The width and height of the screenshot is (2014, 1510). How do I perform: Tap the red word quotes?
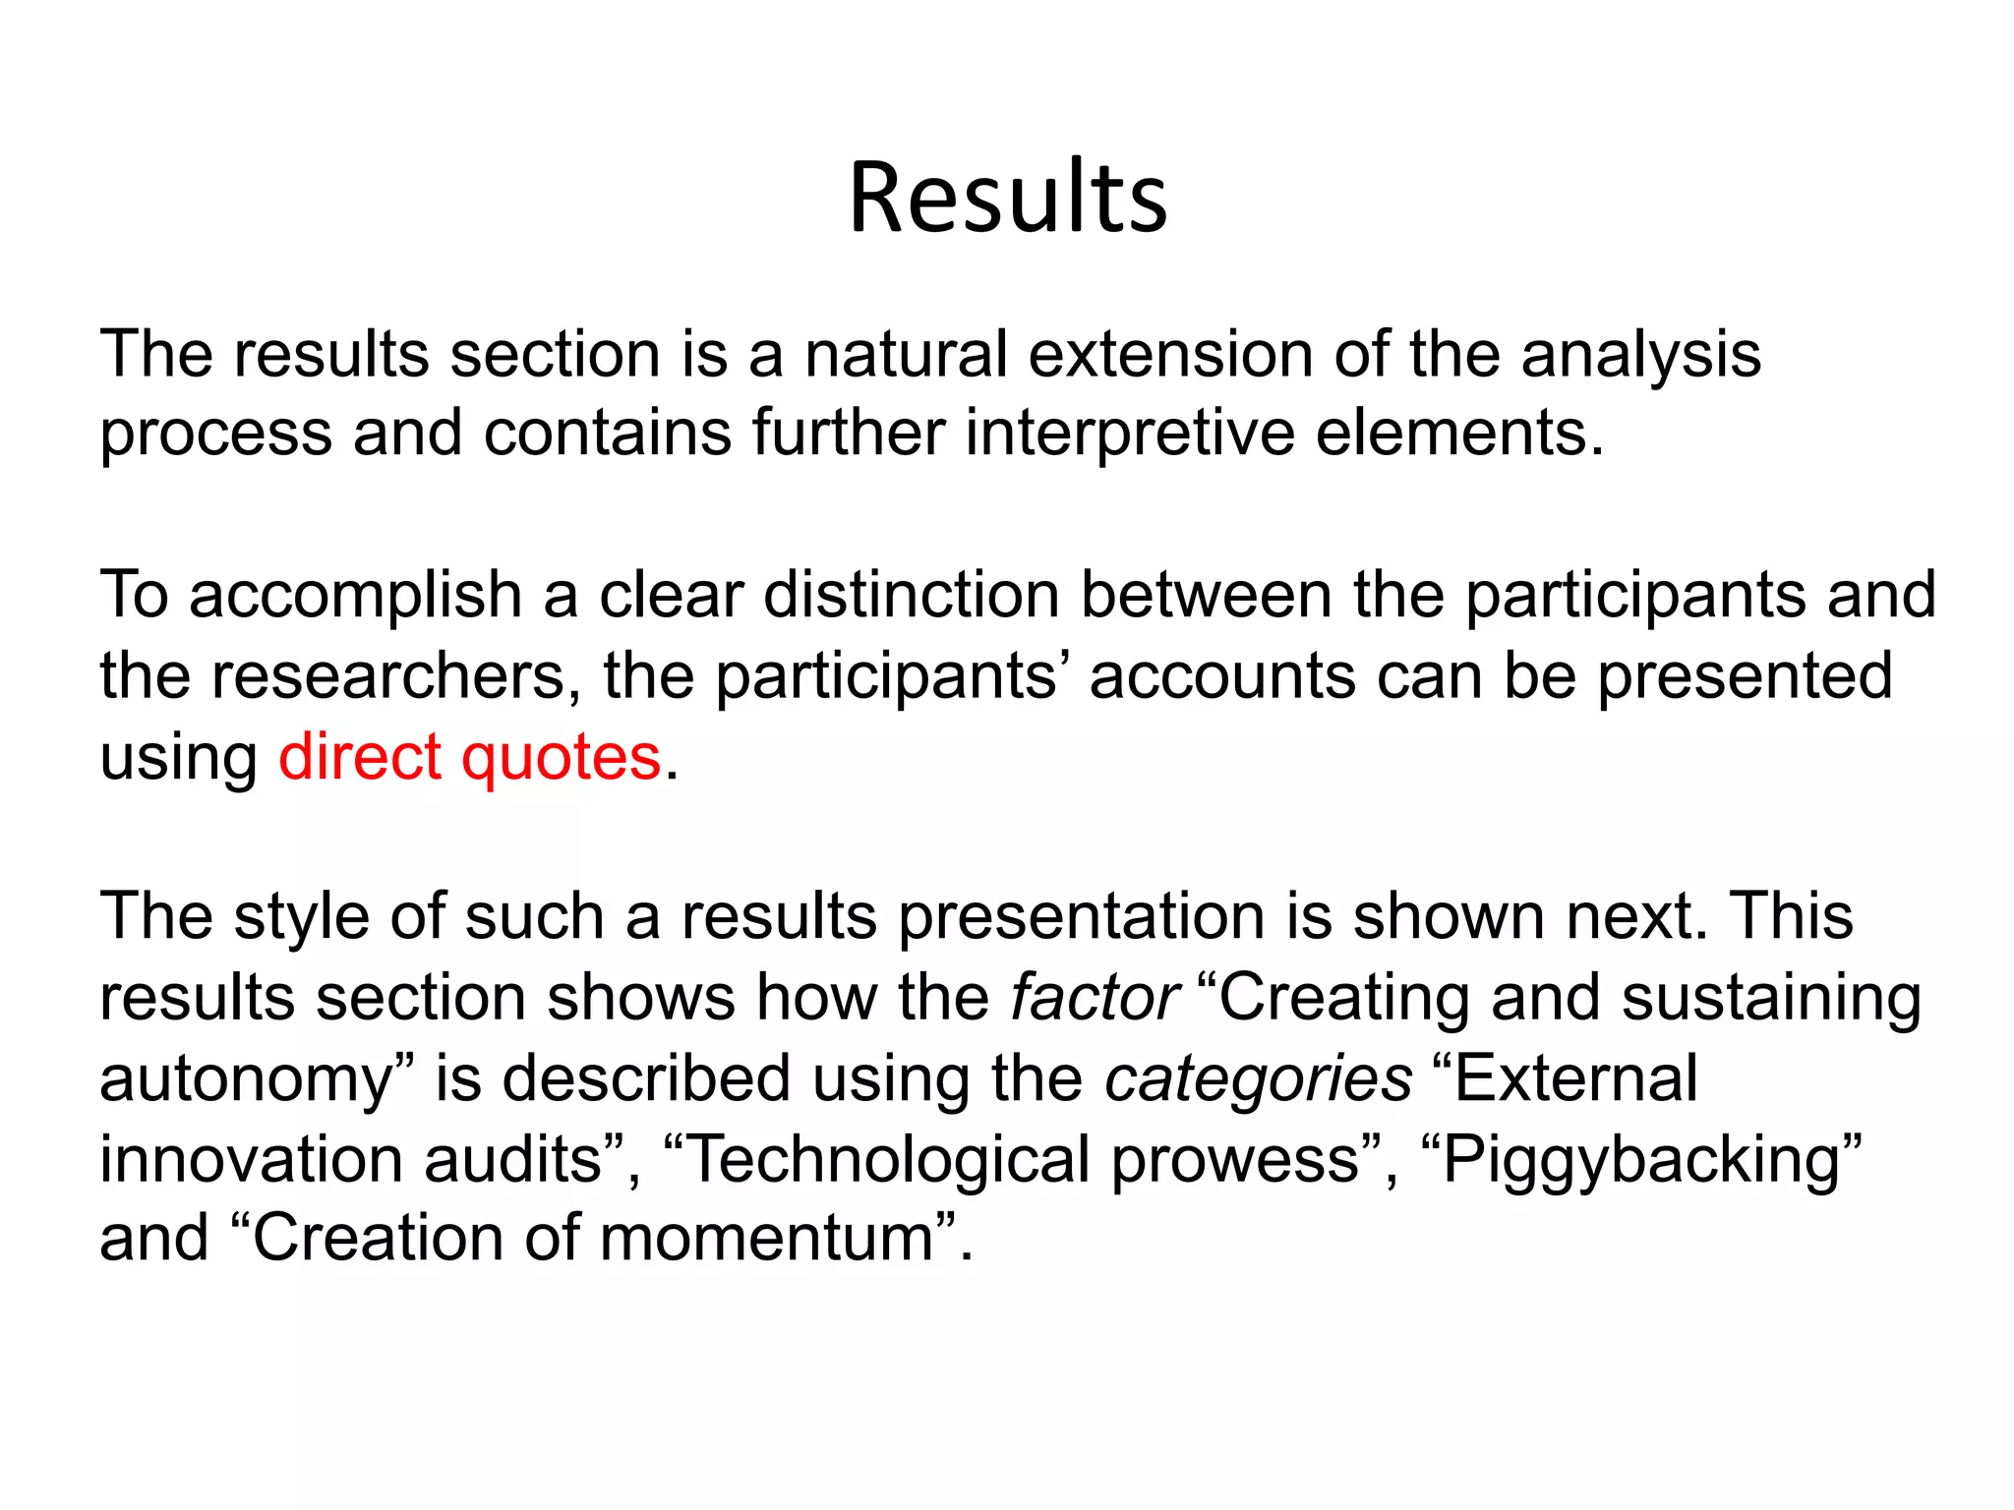[562, 759]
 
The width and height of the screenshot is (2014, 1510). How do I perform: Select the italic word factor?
[1095, 997]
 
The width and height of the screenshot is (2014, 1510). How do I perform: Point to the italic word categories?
[1259, 1079]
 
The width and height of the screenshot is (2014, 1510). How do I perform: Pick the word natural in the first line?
[906, 354]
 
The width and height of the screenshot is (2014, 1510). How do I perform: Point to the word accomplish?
[355, 597]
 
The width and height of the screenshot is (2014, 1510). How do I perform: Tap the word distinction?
[912, 595]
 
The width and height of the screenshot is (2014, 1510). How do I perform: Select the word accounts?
[1222, 677]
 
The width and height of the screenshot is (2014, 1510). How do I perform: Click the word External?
[1574, 1078]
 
